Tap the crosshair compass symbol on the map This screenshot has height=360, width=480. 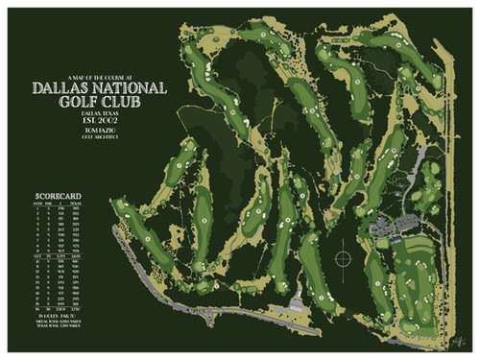tap(341, 258)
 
